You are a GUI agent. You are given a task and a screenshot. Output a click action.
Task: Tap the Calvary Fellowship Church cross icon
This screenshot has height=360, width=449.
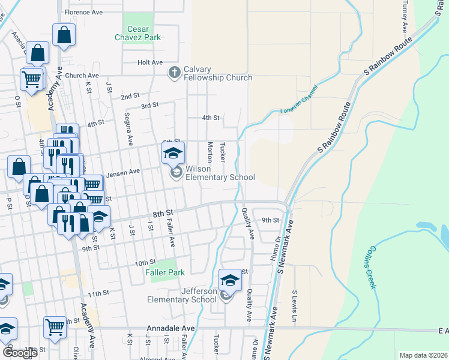(175, 73)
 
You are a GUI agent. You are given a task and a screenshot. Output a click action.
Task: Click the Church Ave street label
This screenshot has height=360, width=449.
(80, 76)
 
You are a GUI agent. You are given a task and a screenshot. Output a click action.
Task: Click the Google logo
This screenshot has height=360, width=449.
(19, 353)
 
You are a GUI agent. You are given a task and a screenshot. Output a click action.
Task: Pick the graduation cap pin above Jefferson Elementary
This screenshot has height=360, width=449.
(230, 279)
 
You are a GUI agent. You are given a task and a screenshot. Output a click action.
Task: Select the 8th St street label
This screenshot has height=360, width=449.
(162, 213)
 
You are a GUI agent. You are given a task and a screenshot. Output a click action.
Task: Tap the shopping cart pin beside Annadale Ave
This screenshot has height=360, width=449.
(55, 326)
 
